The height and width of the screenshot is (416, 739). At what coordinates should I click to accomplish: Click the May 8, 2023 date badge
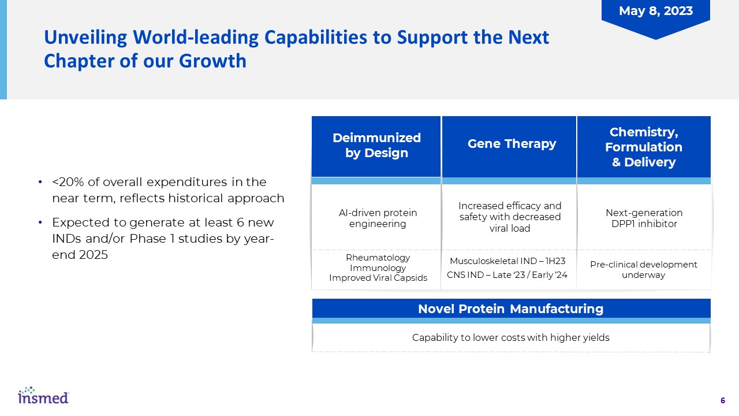(655, 17)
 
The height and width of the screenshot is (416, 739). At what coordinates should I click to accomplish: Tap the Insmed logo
(43, 395)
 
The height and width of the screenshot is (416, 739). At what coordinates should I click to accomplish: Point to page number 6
(722, 400)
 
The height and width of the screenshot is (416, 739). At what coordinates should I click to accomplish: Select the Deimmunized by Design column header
(376, 147)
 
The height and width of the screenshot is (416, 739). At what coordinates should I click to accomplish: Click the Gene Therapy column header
(509, 147)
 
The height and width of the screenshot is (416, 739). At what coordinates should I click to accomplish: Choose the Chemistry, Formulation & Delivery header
(644, 147)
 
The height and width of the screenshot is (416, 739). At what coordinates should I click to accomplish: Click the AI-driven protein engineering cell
(378, 218)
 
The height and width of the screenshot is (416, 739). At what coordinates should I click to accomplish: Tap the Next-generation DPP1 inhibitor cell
(644, 218)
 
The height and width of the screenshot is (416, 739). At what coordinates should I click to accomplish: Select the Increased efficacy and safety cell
(510, 217)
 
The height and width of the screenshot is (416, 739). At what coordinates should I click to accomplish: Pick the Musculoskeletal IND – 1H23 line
(507, 261)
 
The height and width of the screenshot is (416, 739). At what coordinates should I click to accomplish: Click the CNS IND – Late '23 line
(507, 274)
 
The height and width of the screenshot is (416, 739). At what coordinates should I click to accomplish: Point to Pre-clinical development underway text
(643, 269)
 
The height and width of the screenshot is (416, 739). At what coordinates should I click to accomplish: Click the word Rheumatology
(378, 258)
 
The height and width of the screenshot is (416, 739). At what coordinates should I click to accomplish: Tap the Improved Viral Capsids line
(378, 278)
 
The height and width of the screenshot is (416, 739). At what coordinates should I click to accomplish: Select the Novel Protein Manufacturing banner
(511, 309)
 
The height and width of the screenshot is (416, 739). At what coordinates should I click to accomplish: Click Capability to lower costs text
(511, 337)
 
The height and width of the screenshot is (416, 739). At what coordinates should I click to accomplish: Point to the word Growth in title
(212, 61)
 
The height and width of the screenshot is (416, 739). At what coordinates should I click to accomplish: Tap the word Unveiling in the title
(85, 38)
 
